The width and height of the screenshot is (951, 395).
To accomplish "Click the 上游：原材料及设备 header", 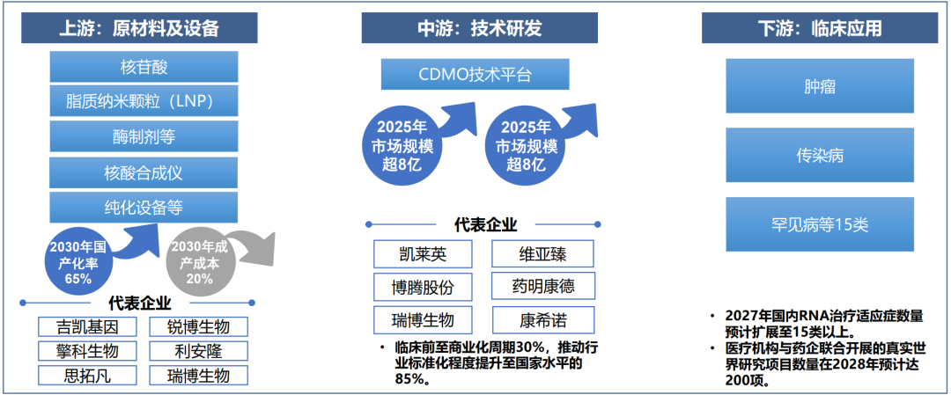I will [139, 28].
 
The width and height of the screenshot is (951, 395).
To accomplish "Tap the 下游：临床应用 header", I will [819, 28].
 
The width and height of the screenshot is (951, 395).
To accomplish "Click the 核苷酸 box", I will [144, 67].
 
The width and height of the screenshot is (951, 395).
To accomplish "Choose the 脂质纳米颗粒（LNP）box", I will [144, 101].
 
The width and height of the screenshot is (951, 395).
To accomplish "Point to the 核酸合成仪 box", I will [144, 172].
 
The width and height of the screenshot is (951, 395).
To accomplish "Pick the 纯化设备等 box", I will [144, 208].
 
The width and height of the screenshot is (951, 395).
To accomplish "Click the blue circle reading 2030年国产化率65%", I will [78, 260].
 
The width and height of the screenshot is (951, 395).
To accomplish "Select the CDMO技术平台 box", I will [475, 75].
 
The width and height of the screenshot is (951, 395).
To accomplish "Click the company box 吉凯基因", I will [88, 327].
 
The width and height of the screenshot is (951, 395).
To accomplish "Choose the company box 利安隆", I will [198, 351].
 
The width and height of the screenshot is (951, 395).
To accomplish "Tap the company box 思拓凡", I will [88, 376].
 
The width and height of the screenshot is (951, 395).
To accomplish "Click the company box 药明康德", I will [542, 287].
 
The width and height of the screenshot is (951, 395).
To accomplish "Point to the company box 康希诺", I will [542, 318].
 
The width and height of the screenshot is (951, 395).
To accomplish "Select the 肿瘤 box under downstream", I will [820, 88].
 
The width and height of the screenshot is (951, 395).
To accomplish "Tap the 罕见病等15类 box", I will [820, 225].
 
